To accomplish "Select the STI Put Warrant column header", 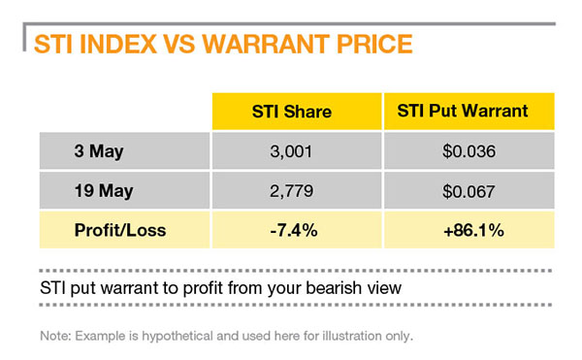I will pyautogui.click(x=462, y=112).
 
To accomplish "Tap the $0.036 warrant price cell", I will pyautogui.click(x=462, y=152).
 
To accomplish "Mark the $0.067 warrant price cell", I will pyautogui.click(x=462, y=192).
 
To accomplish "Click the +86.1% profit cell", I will pyautogui.click(x=462, y=232).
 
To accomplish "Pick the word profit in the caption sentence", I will pyautogui.click(x=164, y=288).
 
